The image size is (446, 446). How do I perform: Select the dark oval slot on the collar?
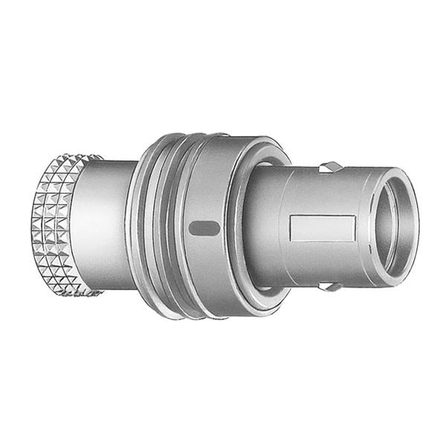click(x=204, y=228)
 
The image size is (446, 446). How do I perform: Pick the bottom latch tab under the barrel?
click(x=330, y=286)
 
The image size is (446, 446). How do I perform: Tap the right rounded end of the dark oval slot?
click(x=216, y=228)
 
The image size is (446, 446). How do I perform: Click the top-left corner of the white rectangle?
click(x=291, y=218)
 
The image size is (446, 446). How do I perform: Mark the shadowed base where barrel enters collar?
click(x=257, y=223)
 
